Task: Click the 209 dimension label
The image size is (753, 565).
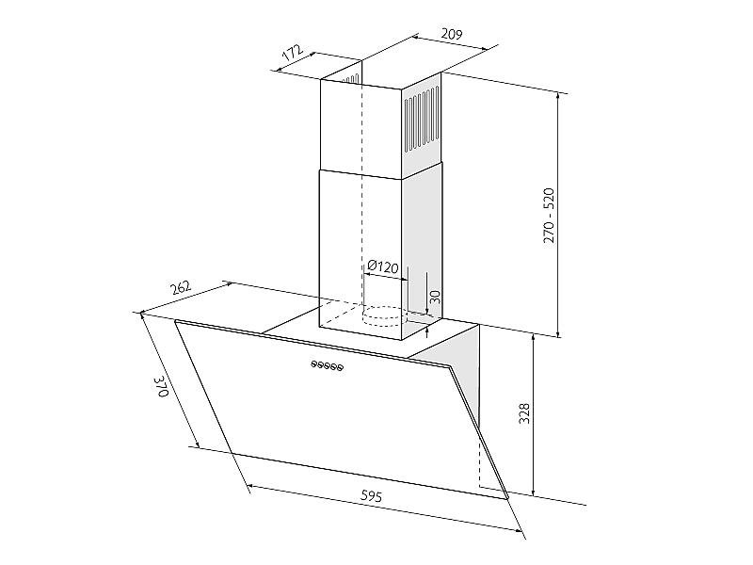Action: (452, 34)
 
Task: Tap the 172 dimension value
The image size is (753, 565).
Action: (292, 53)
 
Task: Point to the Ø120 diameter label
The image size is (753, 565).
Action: (383, 266)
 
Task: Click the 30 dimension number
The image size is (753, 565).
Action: (435, 297)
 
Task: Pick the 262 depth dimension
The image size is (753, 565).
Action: (181, 288)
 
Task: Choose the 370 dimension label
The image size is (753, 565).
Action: (161, 387)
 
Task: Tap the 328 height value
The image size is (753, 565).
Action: (524, 413)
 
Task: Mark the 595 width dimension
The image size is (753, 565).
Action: (371, 496)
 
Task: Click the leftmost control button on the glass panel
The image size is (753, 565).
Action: (314, 363)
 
